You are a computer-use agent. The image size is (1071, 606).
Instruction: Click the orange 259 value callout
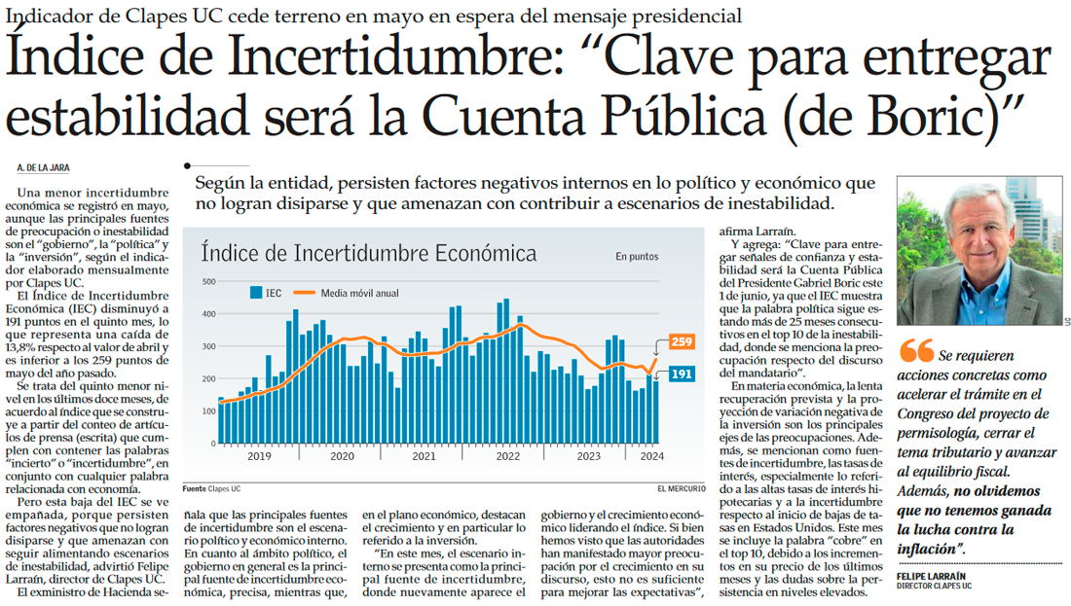point(681,342)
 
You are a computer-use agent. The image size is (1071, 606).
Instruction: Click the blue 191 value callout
point(682,374)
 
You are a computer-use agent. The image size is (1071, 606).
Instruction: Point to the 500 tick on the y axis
point(206,282)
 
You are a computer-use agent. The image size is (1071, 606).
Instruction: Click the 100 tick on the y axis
point(206,410)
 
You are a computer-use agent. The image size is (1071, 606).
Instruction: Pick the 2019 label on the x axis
point(259,455)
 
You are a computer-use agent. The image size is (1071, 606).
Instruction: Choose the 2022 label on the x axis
point(508,455)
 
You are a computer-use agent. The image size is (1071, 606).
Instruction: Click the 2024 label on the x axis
point(653,455)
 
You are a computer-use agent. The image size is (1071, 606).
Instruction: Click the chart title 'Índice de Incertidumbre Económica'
point(369,254)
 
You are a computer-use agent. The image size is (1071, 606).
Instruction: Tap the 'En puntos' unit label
point(637,257)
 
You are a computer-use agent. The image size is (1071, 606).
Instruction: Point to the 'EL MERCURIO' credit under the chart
point(681,487)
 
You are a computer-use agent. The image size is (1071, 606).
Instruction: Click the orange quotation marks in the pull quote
point(915,350)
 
